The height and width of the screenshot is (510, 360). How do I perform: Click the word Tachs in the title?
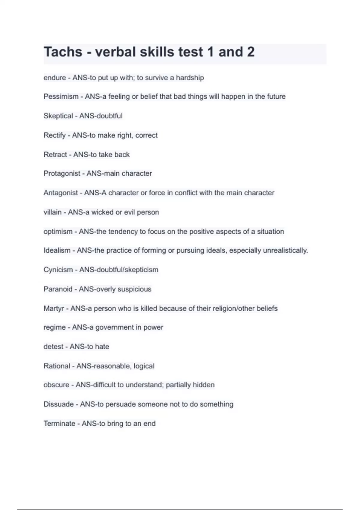tap(63, 52)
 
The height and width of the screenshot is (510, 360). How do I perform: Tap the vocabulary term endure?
tap(55, 78)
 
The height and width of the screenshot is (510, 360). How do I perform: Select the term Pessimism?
tap(61, 97)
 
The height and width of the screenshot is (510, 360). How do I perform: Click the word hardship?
tap(190, 78)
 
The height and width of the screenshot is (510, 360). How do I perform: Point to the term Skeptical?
tap(58, 116)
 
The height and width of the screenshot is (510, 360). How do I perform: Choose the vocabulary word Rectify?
tap(55, 135)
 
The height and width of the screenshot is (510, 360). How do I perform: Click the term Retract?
tap(55, 154)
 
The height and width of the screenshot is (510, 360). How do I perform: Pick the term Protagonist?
tap(62, 173)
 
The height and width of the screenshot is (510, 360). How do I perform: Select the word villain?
tap(52, 212)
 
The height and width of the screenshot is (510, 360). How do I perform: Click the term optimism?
tap(58, 232)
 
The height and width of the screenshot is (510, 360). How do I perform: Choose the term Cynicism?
tap(58, 270)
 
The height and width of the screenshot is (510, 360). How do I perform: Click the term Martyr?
tap(54, 308)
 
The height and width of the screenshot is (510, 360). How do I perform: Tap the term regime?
tap(55, 327)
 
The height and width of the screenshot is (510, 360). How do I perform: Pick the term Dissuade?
tap(58, 404)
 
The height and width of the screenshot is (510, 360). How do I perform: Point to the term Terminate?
tap(59, 424)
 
